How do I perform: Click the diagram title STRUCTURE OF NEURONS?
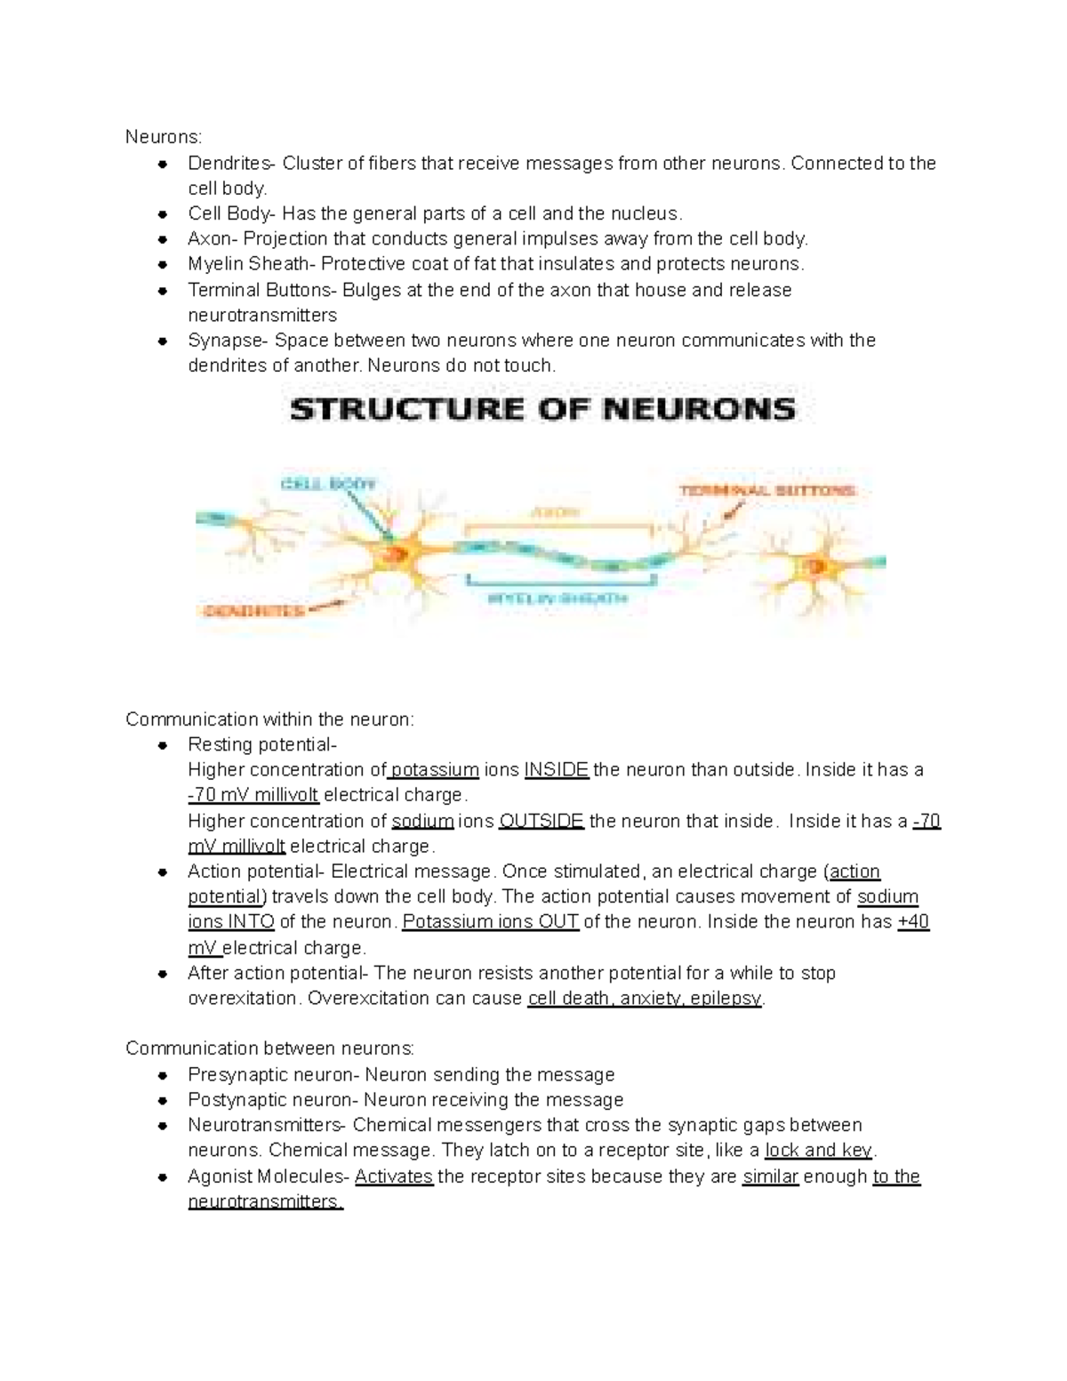tap(542, 410)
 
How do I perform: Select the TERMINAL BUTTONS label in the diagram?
tap(767, 490)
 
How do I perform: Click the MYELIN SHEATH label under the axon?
tap(556, 598)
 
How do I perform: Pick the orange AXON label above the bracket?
tap(556, 513)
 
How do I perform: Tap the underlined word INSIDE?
tap(557, 770)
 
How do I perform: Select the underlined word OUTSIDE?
tap(541, 821)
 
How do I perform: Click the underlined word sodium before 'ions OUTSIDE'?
tap(423, 821)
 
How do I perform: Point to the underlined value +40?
tap(913, 922)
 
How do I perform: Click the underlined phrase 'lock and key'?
tap(819, 1151)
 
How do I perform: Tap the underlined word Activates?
tap(394, 1176)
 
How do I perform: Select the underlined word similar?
tap(771, 1176)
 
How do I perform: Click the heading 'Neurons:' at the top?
tap(164, 137)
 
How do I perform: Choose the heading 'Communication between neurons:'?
tap(269, 1048)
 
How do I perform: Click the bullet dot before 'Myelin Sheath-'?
tap(163, 265)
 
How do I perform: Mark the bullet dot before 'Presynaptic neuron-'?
tap(163, 1075)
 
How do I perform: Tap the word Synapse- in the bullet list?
tap(229, 341)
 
